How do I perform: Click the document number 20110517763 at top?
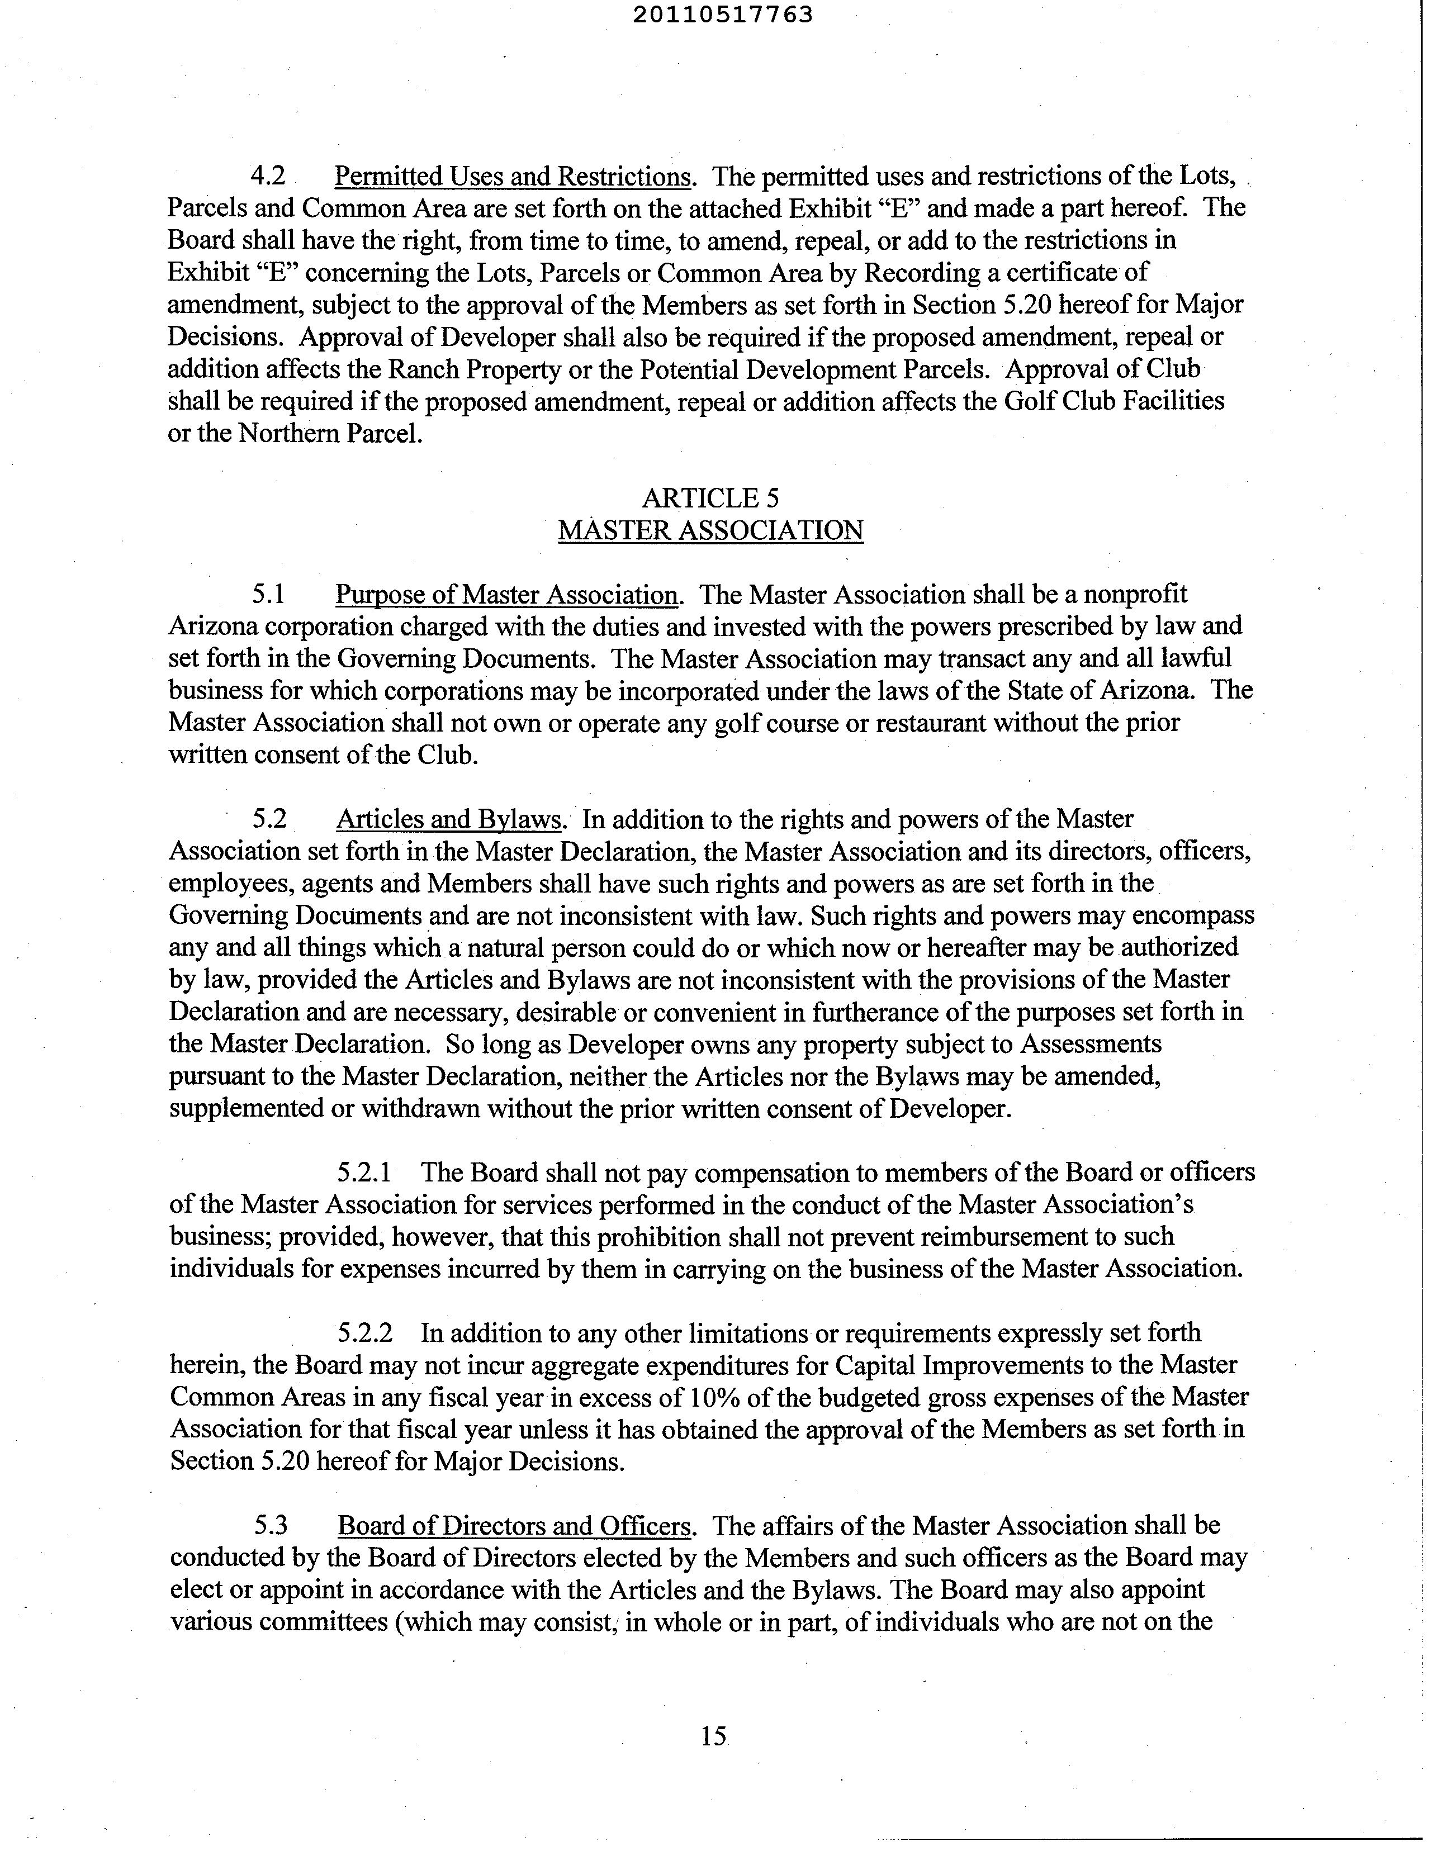(x=722, y=15)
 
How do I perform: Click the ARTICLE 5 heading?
(x=710, y=497)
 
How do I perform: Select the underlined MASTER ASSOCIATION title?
(x=710, y=530)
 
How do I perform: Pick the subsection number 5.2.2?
(x=364, y=1333)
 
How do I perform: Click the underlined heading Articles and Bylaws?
(x=449, y=819)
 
